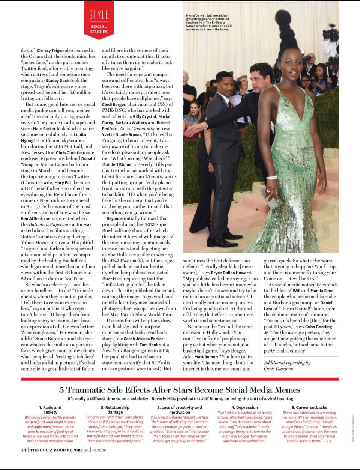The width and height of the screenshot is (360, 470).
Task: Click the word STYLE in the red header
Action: [99, 15]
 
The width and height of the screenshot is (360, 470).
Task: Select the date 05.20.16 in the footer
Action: [99, 450]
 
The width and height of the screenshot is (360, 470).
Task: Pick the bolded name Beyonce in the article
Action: [114, 218]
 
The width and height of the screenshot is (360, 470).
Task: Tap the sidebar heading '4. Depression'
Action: [244, 407]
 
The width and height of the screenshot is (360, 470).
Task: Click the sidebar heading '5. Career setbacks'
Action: [309, 407]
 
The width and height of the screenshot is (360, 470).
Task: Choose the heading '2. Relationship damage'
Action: [115, 410]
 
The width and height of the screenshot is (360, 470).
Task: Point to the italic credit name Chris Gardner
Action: [279, 369]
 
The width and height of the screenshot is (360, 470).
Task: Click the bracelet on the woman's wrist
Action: [271, 178]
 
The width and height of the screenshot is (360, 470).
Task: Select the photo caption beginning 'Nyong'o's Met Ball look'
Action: [208, 22]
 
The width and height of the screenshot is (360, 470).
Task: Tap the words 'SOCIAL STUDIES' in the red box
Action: [99, 29]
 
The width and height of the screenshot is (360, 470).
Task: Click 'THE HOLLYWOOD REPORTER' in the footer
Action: [59, 450]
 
